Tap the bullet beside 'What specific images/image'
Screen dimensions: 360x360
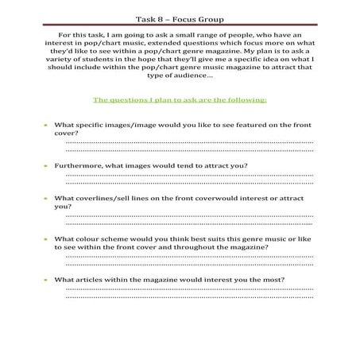[45, 126]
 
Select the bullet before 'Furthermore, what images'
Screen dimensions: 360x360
[45, 165]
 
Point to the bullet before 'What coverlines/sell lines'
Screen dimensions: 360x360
[45, 198]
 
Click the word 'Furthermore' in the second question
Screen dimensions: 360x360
[78, 165]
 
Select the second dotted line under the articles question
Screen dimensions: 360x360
[189, 297]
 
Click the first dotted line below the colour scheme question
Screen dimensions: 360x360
[189, 257]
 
